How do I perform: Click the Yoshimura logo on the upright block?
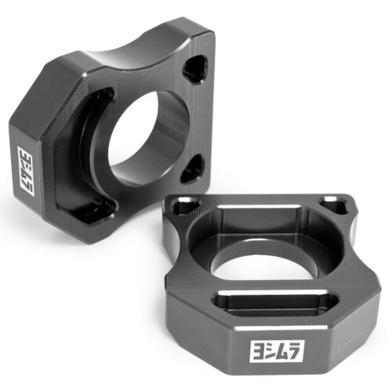(26, 171)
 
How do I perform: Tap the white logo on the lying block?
(278, 351)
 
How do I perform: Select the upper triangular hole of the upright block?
(195, 68)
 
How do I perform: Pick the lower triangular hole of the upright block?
(193, 168)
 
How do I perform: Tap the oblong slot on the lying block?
(277, 303)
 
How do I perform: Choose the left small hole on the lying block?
(185, 205)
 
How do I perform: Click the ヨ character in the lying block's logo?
(258, 352)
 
